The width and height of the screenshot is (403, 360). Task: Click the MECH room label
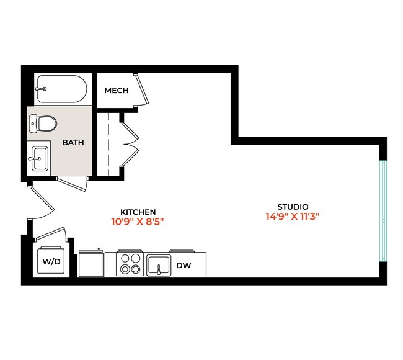pos(117,91)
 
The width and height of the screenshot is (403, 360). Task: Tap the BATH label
pos(73,142)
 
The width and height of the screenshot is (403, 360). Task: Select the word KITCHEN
pos(138,212)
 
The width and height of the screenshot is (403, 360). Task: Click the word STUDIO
pos(293,207)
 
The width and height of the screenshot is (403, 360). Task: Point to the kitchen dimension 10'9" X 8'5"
pos(138,221)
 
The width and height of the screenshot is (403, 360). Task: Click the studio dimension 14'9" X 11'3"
pos(293,217)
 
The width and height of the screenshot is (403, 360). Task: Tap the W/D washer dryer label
pos(51,262)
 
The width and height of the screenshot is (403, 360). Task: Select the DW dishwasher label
pos(184,265)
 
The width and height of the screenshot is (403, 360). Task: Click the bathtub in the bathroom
pos(61,89)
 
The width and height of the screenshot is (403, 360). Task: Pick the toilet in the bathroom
pos(43,123)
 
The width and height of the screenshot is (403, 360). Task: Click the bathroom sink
pos(38,158)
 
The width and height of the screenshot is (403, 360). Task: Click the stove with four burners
pos(131,264)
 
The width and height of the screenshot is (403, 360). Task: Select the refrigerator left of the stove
pos(91,264)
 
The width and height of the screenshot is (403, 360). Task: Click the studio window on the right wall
pos(383,212)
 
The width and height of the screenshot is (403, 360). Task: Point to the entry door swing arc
pos(38,202)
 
